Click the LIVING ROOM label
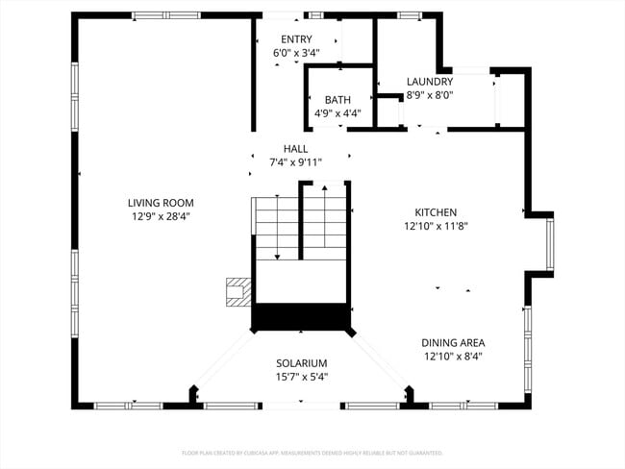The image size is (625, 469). (161, 203)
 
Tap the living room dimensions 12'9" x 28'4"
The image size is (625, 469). (161, 216)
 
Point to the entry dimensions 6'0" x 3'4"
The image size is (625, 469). (292, 53)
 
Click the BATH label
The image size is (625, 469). (337, 100)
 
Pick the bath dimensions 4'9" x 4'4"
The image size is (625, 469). (337, 113)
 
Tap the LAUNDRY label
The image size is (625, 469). (429, 82)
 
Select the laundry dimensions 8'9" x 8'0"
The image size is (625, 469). (429, 95)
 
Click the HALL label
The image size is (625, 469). (295, 149)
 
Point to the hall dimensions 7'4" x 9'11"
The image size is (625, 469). (295, 162)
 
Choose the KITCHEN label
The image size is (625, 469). (436, 212)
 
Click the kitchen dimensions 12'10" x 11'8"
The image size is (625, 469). (436, 227)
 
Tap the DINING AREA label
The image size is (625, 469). (452, 342)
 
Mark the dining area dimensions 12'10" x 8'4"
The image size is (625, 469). (452, 357)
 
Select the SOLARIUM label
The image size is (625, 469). (302, 363)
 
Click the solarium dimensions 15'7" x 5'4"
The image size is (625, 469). (302, 377)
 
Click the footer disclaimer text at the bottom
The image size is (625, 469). (312, 452)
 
